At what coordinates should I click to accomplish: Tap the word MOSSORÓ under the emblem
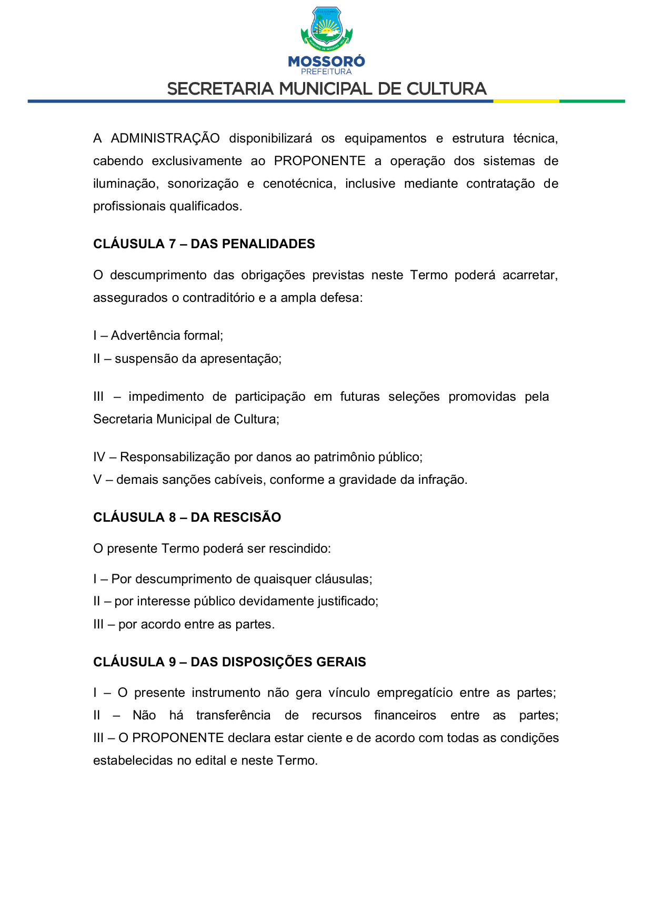point(326,62)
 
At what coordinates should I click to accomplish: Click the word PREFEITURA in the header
point(326,72)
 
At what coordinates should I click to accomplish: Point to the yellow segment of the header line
point(526,101)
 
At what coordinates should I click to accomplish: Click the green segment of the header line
point(591,101)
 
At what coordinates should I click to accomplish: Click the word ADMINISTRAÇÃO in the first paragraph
point(165,138)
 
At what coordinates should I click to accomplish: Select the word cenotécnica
point(299,184)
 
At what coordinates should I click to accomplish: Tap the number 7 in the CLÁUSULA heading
point(172,244)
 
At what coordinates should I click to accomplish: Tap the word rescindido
point(299,549)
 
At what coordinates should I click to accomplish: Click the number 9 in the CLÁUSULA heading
point(172,662)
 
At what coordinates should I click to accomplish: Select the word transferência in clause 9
point(233,715)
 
